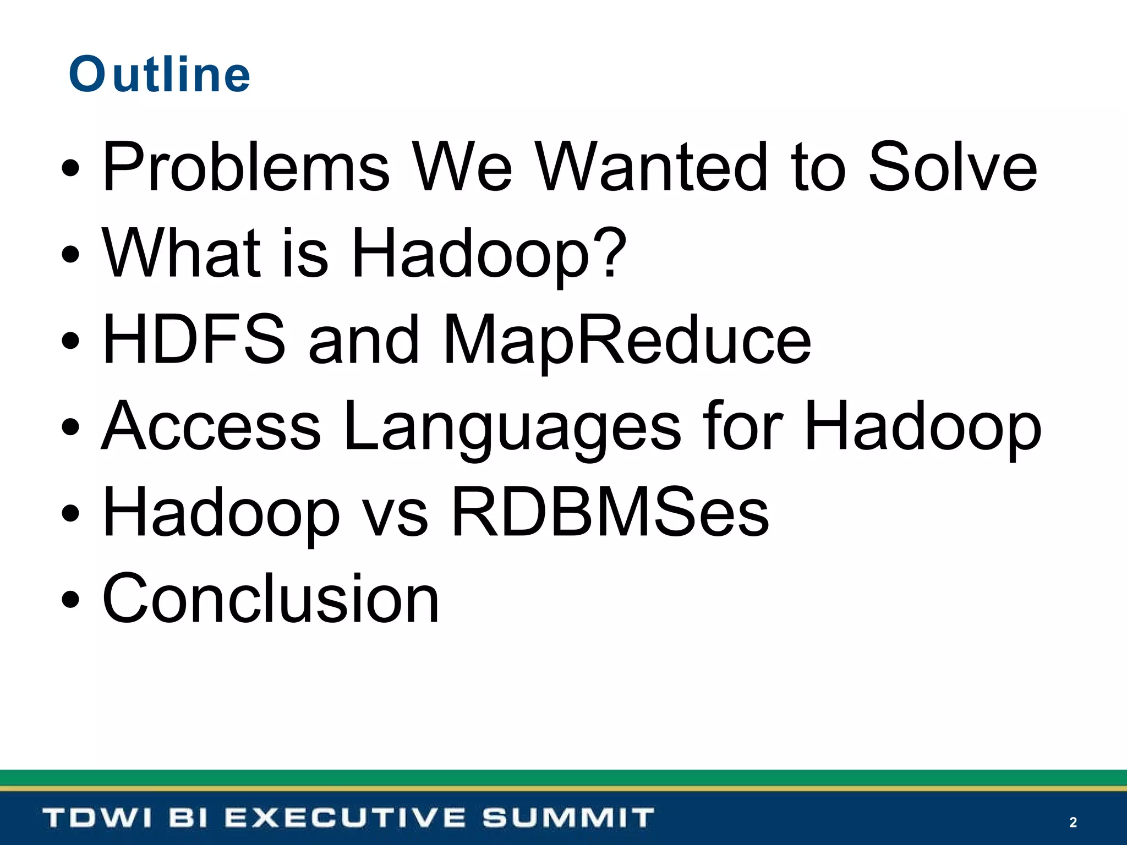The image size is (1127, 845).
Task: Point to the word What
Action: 182,253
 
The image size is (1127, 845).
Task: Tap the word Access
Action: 212,426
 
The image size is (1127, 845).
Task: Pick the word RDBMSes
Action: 610,513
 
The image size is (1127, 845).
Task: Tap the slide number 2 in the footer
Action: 1073,822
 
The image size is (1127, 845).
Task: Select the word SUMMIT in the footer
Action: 568,818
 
